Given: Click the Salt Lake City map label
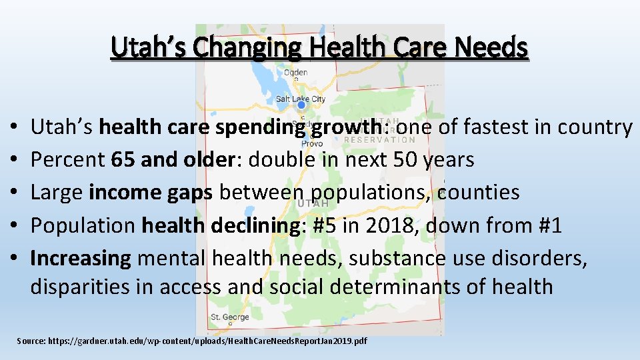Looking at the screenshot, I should pyautogui.click(x=301, y=99).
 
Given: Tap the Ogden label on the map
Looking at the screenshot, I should pyautogui.click(x=296, y=73).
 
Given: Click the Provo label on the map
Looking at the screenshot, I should pyautogui.click(x=312, y=143).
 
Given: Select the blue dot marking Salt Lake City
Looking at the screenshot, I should pyautogui.click(x=301, y=105).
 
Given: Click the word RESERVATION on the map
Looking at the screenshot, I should pyautogui.click(x=379, y=139).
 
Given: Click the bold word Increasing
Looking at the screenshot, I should pyautogui.click(x=81, y=258).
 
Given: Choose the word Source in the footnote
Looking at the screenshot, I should pyautogui.click(x=31, y=341).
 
